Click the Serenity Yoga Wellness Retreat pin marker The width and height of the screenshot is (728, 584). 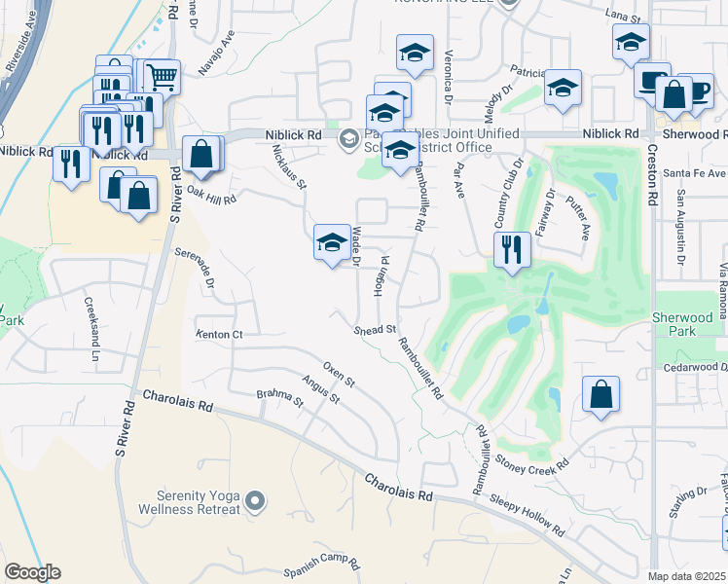pyautogui.click(x=255, y=501)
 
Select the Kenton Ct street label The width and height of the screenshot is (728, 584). pyautogui.click(x=218, y=335)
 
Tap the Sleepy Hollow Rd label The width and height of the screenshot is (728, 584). pyautogui.click(x=527, y=515)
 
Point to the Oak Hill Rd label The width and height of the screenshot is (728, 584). pyautogui.click(x=210, y=194)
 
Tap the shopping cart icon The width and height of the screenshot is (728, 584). pyautogui.click(x=162, y=76)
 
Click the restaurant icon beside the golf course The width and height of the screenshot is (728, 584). pyautogui.click(x=510, y=250)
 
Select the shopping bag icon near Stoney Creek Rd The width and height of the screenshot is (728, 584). pyautogui.click(x=601, y=395)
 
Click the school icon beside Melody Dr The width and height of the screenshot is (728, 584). pyautogui.click(x=563, y=88)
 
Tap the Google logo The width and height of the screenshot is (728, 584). pyautogui.click(x=32, y=572)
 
